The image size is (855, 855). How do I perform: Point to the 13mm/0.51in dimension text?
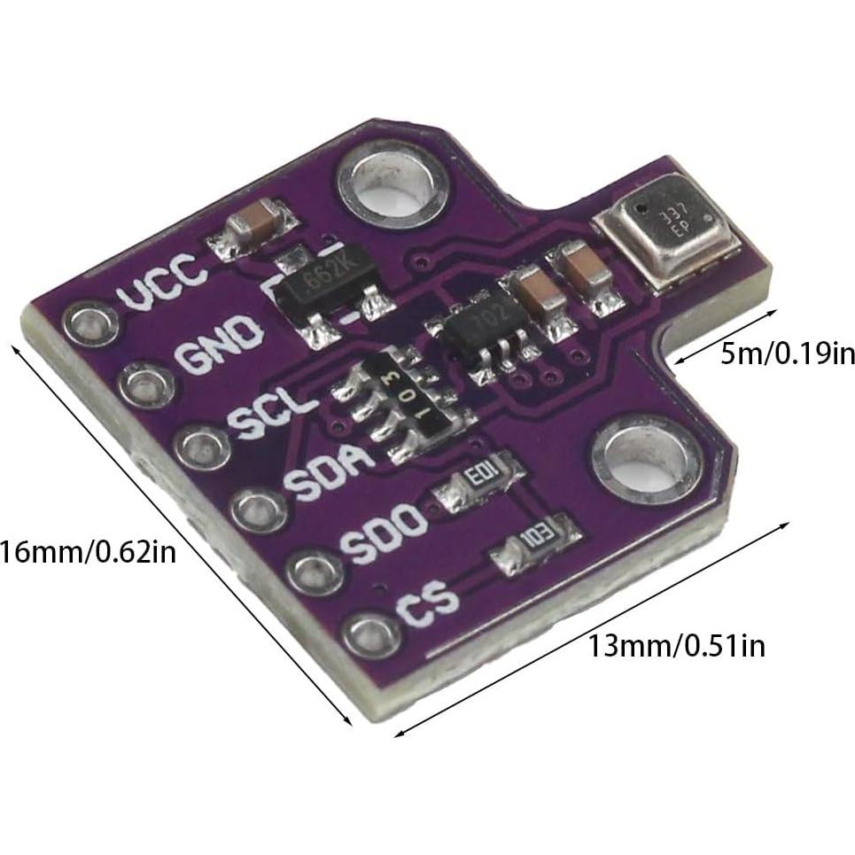pyautogui.click(x=677, y=646)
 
